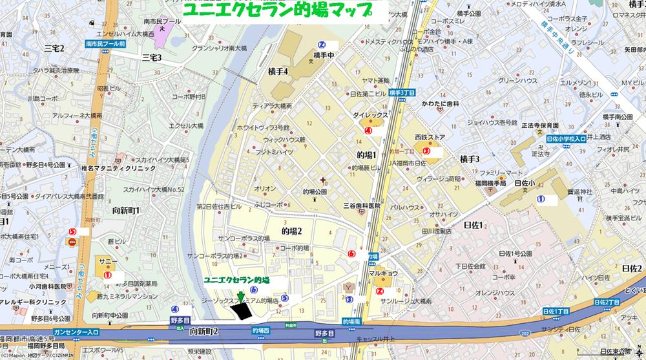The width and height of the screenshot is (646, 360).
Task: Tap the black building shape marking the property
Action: click(x=242, y=312)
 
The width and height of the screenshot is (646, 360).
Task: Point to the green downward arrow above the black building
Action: click(x=240, y=297)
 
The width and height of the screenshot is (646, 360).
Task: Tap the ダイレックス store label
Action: click(x=370, y=114)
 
